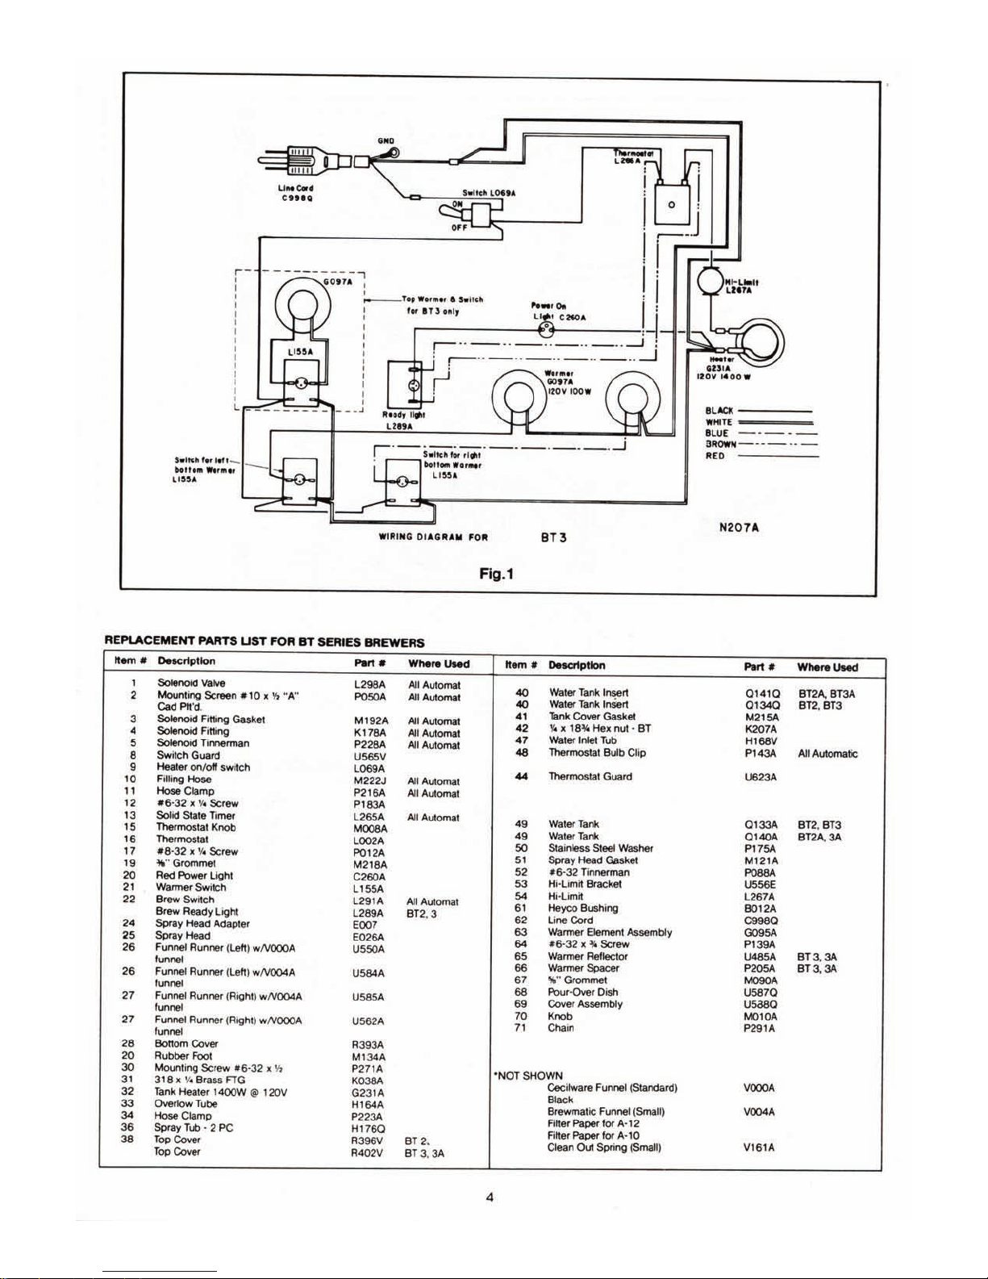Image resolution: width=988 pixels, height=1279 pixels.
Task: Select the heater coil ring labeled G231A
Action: [757, 341]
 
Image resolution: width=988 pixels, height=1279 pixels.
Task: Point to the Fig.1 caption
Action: [496, 574]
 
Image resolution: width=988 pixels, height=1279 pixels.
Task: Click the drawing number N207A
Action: [739, 528]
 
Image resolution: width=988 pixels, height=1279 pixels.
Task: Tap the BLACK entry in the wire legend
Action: [719, 411]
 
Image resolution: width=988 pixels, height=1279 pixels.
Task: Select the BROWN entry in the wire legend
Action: [720, 444]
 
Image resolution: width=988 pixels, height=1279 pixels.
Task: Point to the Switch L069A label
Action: [489, 193]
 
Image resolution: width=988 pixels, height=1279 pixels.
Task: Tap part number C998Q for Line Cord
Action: [761, 920]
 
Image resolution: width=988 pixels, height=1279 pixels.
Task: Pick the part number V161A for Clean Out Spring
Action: [760, 1147]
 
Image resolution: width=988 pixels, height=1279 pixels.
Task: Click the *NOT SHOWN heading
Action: [527, 1076]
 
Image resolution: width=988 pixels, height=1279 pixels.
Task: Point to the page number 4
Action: [490, 1197]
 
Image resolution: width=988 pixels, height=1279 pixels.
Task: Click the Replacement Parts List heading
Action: [265, 642]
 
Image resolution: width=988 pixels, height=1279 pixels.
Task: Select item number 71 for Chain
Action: [520, 1027]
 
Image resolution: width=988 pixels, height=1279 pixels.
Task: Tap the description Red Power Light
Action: [194, 876]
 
